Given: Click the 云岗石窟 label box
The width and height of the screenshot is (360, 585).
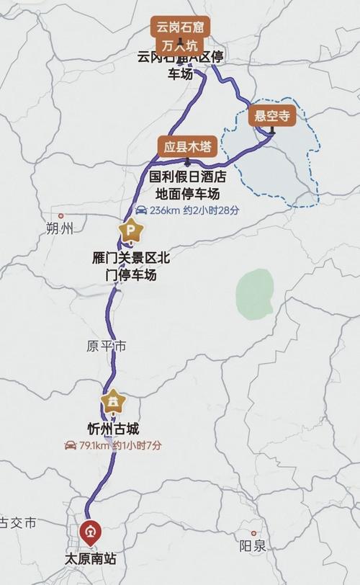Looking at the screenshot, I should (x=176, y=28).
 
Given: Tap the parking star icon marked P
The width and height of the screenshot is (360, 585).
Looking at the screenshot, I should (x=131, y=231).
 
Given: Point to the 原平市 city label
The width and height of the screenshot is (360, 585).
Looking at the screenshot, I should (x=106, y=347).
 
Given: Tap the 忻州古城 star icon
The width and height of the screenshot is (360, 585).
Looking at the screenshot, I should (x=113, y=401).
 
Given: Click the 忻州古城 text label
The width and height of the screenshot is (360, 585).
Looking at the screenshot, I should (x=112, y=429).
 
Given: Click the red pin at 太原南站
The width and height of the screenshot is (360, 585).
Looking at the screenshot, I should (x=91, y=532).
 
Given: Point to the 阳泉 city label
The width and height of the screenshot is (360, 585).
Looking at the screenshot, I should (x=253, y=545).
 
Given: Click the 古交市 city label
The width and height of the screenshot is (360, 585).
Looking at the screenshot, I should (x=18, y=523).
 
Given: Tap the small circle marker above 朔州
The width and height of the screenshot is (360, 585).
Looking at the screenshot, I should (x=61, y=215).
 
